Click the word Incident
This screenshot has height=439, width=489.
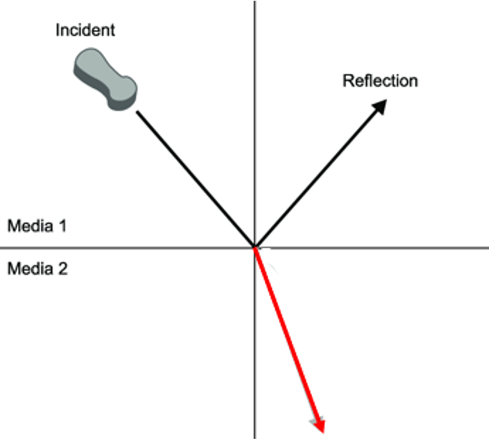coord(85,30)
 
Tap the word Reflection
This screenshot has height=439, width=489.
coord(380,81)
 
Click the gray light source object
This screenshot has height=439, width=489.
coord(105,80)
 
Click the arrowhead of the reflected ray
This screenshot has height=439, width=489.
coord(381,106)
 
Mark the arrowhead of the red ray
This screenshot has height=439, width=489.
coord(320,423)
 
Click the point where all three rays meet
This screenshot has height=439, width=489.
coord(255,247)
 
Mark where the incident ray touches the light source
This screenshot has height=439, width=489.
coord(137,111)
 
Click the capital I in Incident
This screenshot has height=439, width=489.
coord(58,30)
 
